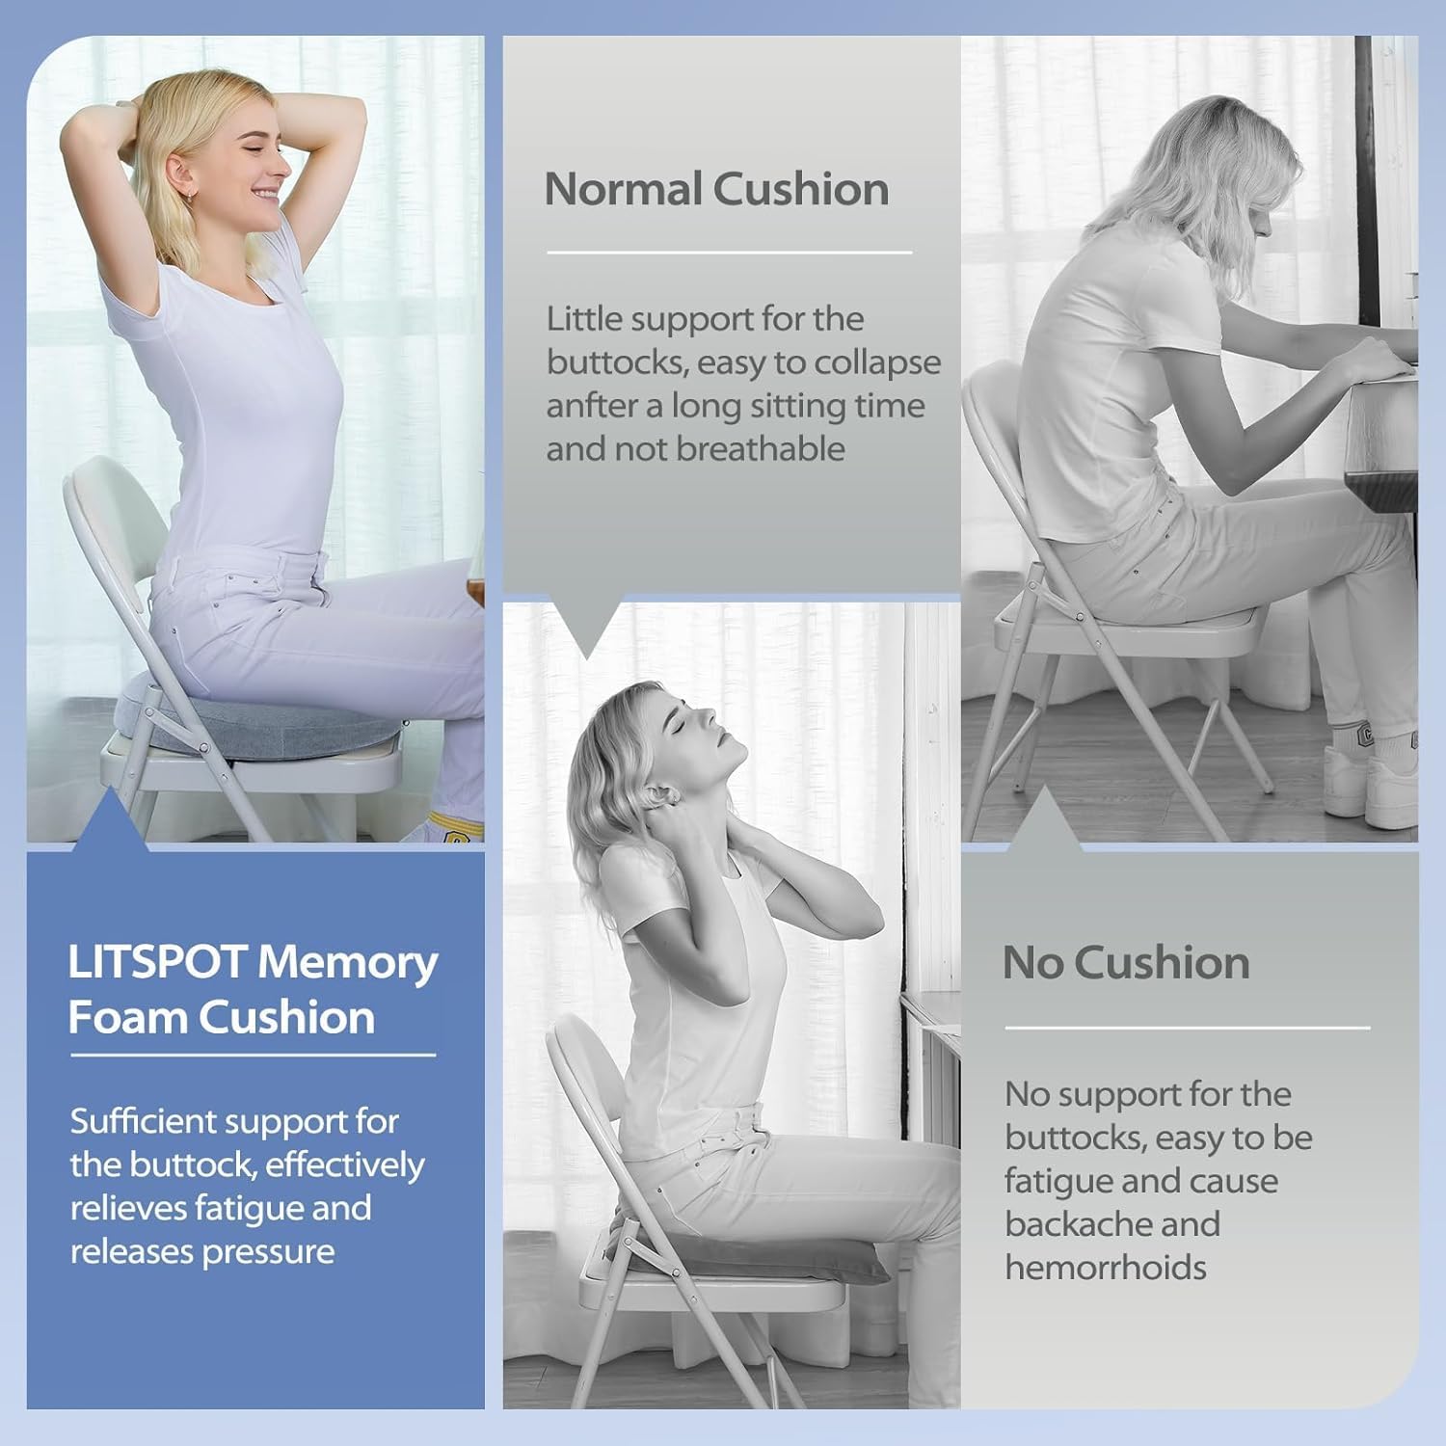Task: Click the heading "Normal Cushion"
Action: (x=716, y=189)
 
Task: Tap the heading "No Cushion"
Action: (x=1126, y=962)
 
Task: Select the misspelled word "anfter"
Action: (x=590, y=405)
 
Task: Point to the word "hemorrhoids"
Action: (x=1106, y=1267)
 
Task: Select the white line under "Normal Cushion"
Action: (x=730, y=253)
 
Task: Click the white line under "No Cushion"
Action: (x=1188, y=1028)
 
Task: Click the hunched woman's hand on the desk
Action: (x=1374, y=359)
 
